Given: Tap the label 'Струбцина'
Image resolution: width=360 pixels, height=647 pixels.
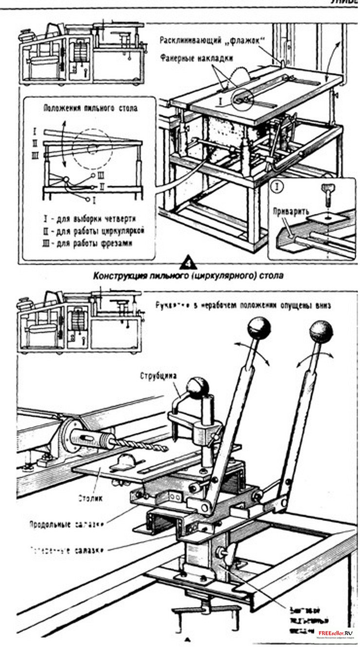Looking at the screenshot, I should [x=157, y=376].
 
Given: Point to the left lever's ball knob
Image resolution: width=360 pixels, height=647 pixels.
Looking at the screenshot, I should [x=259, y=328].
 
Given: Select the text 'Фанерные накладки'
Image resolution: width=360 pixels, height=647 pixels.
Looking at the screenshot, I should [x=196, y=57].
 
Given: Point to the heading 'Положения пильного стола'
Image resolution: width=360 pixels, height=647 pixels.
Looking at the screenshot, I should [x=90, y=108].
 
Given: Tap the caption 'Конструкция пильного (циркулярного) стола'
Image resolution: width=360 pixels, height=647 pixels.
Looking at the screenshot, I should [x=188, y=275].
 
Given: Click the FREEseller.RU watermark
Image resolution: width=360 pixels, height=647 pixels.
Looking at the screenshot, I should [x=335, y=633].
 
